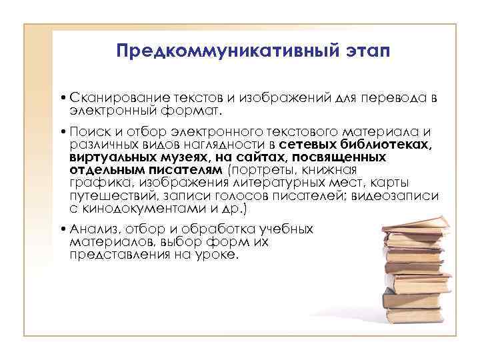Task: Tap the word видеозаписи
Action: pos(400,196)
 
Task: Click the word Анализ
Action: pos(89,229)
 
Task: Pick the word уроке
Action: pos(219,254)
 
